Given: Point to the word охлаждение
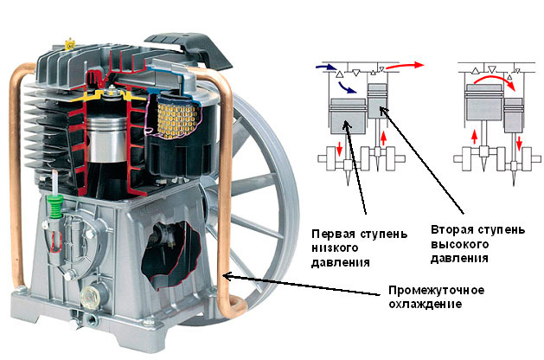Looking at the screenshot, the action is (x=425, y=304).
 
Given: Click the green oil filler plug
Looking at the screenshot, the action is (x=54, y=207).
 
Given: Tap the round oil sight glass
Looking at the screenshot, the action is (x=88, y=296).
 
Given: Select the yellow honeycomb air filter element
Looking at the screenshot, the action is (x=176, y=116).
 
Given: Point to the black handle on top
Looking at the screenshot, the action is (x=189, y=49).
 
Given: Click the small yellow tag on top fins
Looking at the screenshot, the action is (x=70, y=44).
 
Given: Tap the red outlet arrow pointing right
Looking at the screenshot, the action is (x=404, y=65).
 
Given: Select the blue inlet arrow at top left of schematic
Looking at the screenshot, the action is (x=326, y=67).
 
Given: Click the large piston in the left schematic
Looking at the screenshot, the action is (x=348, y=116).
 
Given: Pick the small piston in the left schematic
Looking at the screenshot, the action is (x=377, y=100).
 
